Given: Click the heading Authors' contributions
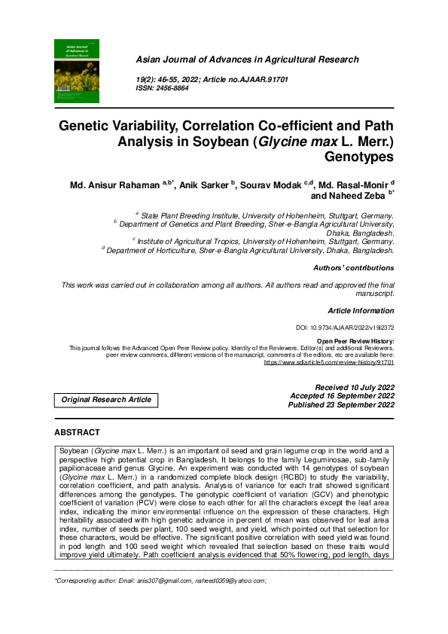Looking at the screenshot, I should pos(353,268).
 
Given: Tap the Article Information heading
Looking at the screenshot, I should pos(361,311).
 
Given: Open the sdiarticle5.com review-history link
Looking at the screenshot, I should pos(329,362).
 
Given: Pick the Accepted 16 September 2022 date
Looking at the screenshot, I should pos(343,396).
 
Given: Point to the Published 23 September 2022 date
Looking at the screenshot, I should pos(342,405).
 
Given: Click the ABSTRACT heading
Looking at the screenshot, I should pos(77,433).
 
